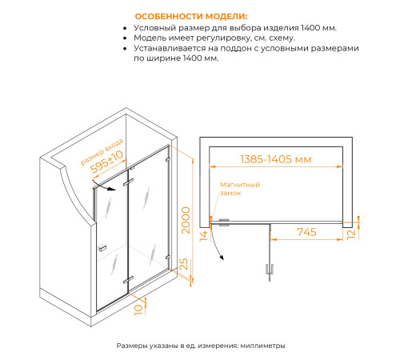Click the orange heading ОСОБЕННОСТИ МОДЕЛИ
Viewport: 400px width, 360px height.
pos(191,16)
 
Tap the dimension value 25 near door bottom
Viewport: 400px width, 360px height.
pos(185,264)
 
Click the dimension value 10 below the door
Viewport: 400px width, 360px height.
pos(138,307)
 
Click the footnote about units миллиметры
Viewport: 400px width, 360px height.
pos(200,346)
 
